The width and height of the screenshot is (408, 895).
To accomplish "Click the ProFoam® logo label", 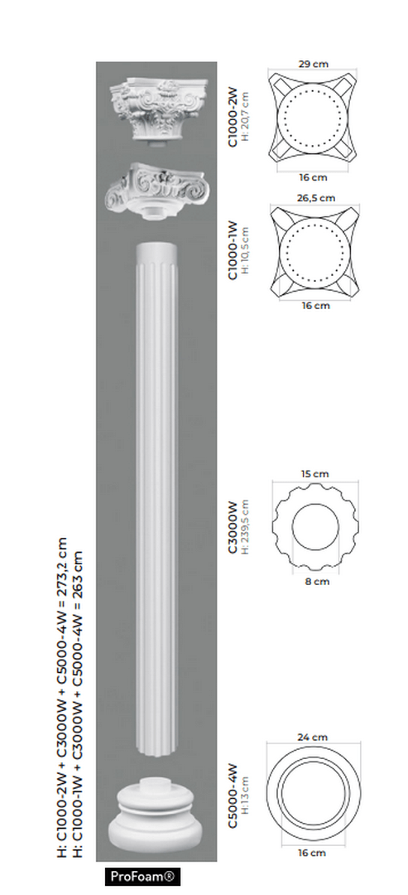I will point(144,877).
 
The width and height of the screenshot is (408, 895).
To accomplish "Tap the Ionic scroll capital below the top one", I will point(155,188).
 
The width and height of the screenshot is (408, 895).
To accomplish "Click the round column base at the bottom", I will point(156,816).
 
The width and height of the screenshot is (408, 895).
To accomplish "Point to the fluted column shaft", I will point(156,497).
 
